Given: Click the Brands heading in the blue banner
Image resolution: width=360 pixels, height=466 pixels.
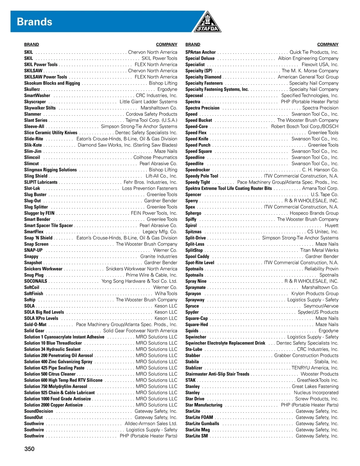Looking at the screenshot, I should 34,22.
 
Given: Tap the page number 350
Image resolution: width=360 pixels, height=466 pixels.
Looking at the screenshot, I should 29,449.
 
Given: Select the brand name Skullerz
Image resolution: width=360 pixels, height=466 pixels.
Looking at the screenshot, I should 32,89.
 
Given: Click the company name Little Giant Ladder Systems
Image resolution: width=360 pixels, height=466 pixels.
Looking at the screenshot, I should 148,102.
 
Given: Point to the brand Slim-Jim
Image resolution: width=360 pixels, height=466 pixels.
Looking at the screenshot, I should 33,151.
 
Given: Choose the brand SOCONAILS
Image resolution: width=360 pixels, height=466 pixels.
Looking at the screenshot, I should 35,281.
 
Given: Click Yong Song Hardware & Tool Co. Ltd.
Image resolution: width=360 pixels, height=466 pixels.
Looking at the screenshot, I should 139,281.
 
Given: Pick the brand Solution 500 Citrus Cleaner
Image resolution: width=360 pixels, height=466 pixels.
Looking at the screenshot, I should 50,374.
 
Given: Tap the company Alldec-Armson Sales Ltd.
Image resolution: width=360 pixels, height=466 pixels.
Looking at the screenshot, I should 151,424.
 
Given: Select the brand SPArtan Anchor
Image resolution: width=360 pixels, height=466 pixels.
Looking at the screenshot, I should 200,52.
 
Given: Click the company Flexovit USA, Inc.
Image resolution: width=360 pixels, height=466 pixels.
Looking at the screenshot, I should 320,65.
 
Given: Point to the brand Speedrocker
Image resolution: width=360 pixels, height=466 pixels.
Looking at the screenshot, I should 197,170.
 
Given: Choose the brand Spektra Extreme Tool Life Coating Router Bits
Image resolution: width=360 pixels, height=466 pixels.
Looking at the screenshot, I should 228,188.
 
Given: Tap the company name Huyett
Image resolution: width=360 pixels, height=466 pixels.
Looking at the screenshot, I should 331,226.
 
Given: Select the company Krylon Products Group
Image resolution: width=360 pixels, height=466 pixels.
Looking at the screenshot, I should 315,294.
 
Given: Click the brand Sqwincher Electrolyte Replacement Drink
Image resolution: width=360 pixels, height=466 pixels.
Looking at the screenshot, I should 225,343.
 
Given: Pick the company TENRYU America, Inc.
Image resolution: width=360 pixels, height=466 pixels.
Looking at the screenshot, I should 315,368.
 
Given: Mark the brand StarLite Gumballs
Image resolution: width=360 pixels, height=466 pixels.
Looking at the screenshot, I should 202,424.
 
